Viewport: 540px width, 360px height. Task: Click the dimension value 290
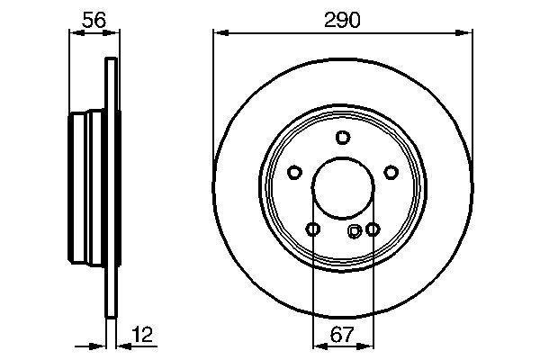342,20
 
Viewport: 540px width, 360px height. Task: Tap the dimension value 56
94,20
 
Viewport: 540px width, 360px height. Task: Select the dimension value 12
142,334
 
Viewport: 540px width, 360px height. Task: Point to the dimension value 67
342,334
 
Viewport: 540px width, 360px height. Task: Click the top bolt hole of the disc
343,137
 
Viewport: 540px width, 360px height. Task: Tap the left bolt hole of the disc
294,172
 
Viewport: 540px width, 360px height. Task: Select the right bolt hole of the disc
391,172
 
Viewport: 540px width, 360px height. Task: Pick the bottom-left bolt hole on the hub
313,229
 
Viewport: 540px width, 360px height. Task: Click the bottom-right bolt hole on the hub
373,229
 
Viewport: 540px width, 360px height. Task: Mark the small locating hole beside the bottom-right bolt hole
355,231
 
